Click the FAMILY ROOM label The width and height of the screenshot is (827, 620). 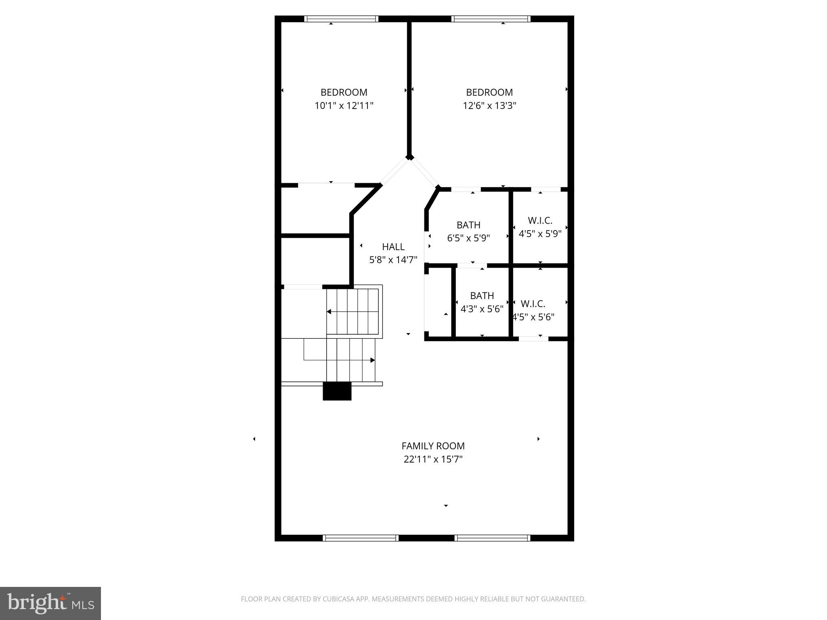[x=433, y=446]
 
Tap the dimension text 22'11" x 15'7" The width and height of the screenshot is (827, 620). [x=433, y=459]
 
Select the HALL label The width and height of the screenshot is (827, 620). [x=393, y=247]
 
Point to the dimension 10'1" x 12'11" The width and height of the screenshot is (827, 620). [x=344, y=106]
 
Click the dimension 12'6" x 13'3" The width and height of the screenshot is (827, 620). [x=489, y=106]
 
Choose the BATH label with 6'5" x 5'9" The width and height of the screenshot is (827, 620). [x=468, y=225]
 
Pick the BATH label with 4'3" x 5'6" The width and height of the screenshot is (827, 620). [x=482, y=295]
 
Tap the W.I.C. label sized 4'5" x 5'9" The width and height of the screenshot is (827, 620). [x=540, y=220]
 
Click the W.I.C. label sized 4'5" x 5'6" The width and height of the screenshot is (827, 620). [x=533, y=304]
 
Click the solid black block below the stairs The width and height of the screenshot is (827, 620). [x=337, y=391]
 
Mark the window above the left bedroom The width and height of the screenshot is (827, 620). [x=341, y=19]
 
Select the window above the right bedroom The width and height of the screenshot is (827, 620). [x=491, y=19]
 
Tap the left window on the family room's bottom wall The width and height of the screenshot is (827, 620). [x=361, y=538]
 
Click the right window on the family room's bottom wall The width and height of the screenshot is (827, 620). [x=492, y=538]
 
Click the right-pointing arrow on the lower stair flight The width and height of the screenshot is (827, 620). [x=372, y=360]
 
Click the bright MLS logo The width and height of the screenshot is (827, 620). [x=50, y=603]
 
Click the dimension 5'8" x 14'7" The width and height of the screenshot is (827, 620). [x=393, y=260]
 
